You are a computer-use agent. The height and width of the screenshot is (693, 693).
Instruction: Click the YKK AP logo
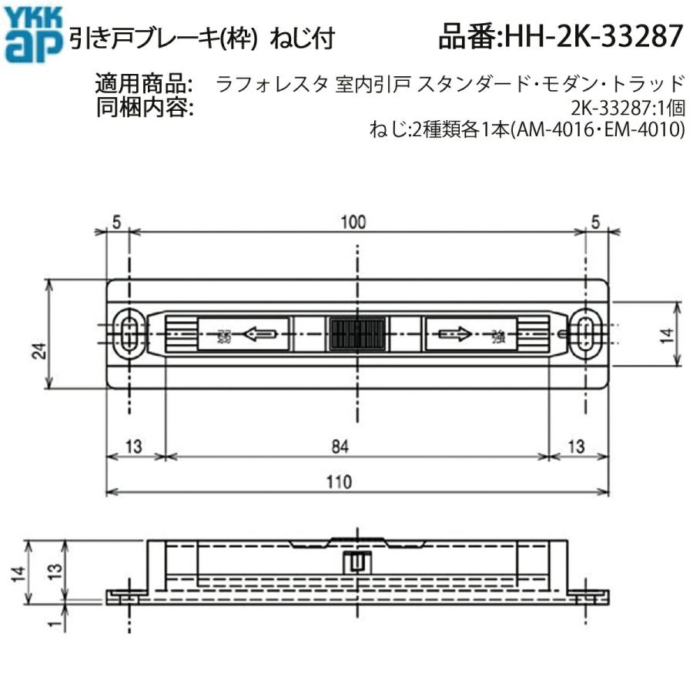32,34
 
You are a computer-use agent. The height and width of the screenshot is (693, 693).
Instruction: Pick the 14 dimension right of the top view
667,334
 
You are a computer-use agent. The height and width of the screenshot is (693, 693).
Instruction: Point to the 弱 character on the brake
224,336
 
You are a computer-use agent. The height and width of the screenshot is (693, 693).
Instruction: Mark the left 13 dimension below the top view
134,445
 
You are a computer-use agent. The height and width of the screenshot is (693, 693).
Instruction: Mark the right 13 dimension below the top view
577,445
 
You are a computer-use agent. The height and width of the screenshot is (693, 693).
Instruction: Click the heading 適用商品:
145,82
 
